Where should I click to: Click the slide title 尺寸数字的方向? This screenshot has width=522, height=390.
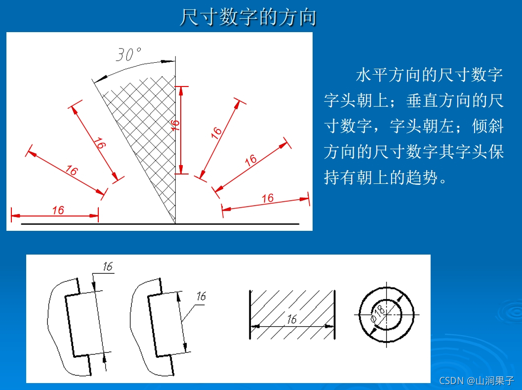point(248,17)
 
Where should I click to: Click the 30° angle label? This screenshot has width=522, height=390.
point(128,54)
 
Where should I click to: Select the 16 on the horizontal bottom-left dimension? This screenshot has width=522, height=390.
point(58,210)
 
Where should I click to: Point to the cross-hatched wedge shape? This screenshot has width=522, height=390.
point(148,133)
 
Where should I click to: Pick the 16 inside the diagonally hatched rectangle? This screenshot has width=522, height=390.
point(292,319)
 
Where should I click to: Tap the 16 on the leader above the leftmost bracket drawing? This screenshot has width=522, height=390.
point(107,266)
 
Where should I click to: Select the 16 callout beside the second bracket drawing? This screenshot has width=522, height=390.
point(201,297)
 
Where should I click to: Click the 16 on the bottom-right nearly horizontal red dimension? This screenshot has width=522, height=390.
point(267,198)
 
